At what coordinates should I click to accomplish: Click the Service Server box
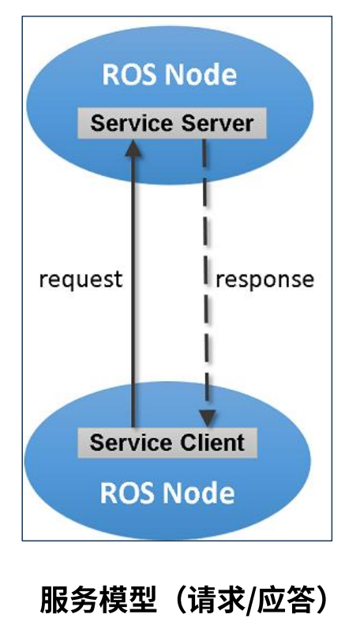tap(171, 124)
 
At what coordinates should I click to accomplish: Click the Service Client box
tap(167, 442)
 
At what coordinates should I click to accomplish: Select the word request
tap(81, 279)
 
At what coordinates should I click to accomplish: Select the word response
tap(264, 279)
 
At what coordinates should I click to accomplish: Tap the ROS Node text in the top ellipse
tap(169, 75)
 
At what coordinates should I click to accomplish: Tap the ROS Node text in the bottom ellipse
tap(167, 493)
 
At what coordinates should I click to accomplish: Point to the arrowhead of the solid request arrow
tap(134, 145)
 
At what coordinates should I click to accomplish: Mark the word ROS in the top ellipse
tap(126, 75)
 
